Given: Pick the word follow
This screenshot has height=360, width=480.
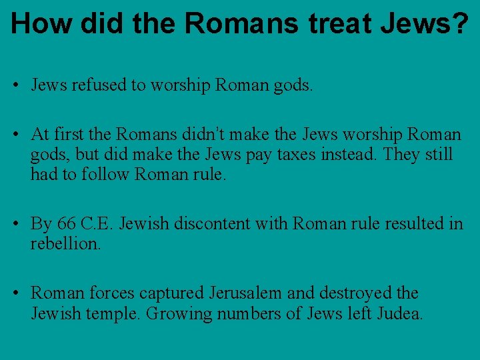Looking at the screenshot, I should (104, 175).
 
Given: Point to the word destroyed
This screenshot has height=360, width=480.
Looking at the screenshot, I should (355, 293).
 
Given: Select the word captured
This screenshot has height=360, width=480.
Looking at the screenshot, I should (175, 293).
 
